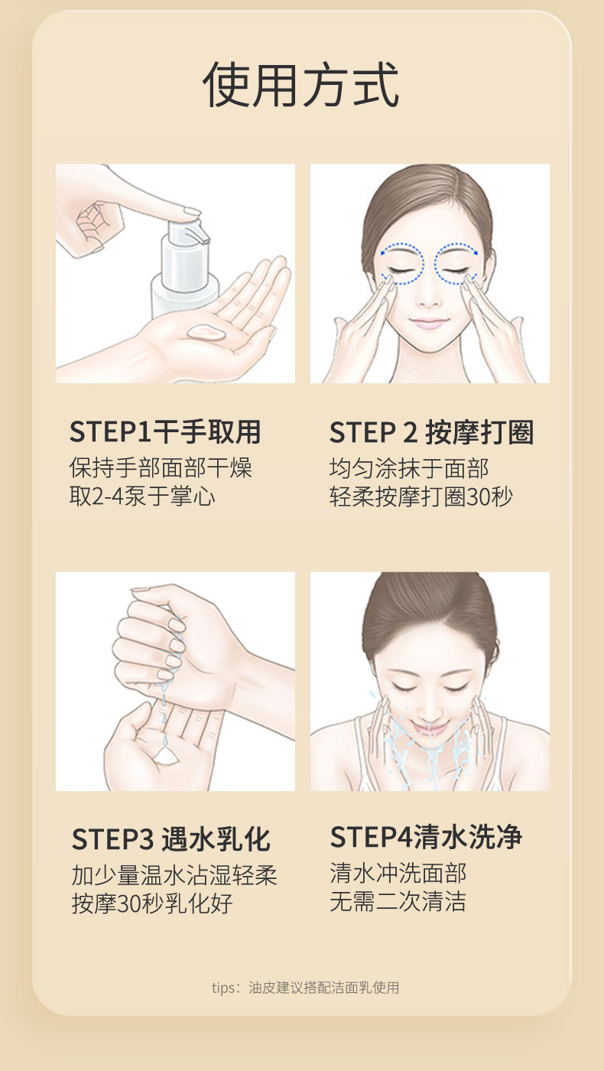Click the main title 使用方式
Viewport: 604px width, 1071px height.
click(x=301, y=85)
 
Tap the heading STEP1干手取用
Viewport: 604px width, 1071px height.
click(x=165, y=431)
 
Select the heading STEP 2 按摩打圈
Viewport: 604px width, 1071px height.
click(x=431, y=431)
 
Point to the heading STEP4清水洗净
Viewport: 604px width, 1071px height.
click(x=426, y=837)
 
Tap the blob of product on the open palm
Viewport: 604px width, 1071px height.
click(x=206, y=332)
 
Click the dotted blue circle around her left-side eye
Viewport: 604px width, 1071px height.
click(x=402, y=263)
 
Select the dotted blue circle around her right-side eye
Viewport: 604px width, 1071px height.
click(x=456, y=263)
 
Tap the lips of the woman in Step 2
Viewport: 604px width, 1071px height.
click(x=429, y=323)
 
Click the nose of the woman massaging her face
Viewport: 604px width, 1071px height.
click(x=428, y=297)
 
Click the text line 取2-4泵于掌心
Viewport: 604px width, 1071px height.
click(x=142, y=496)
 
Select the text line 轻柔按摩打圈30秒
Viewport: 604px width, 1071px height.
click(x=421, y=496)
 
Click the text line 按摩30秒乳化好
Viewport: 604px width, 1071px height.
click(x=152, y=903)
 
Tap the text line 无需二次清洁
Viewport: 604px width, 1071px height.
click(x=398, y=901)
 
